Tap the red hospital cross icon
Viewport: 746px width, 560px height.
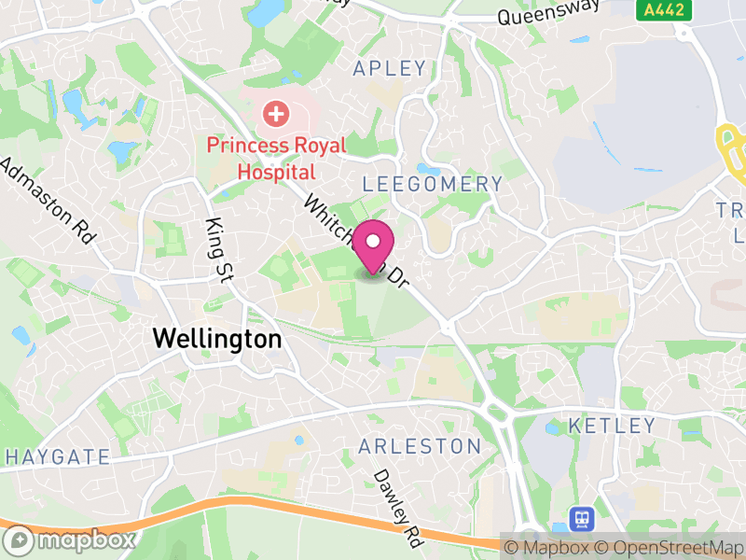275,115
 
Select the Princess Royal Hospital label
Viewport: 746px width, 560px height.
276,159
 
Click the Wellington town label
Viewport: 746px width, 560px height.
216,339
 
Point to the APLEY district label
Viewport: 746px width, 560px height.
390,68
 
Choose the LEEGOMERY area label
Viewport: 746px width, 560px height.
432,184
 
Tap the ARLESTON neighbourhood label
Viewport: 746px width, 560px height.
420,446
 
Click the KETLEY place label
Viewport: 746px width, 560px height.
613,426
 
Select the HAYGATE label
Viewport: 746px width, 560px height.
58,457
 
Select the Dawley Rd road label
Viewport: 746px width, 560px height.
398,507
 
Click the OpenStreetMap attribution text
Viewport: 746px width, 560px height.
669,548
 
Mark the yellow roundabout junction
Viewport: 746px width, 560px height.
730,148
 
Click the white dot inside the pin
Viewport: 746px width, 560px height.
373,241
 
